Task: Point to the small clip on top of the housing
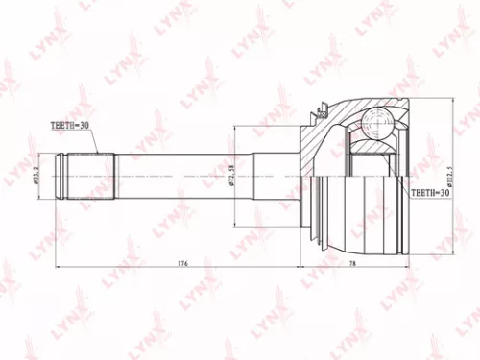click(314, 114)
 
